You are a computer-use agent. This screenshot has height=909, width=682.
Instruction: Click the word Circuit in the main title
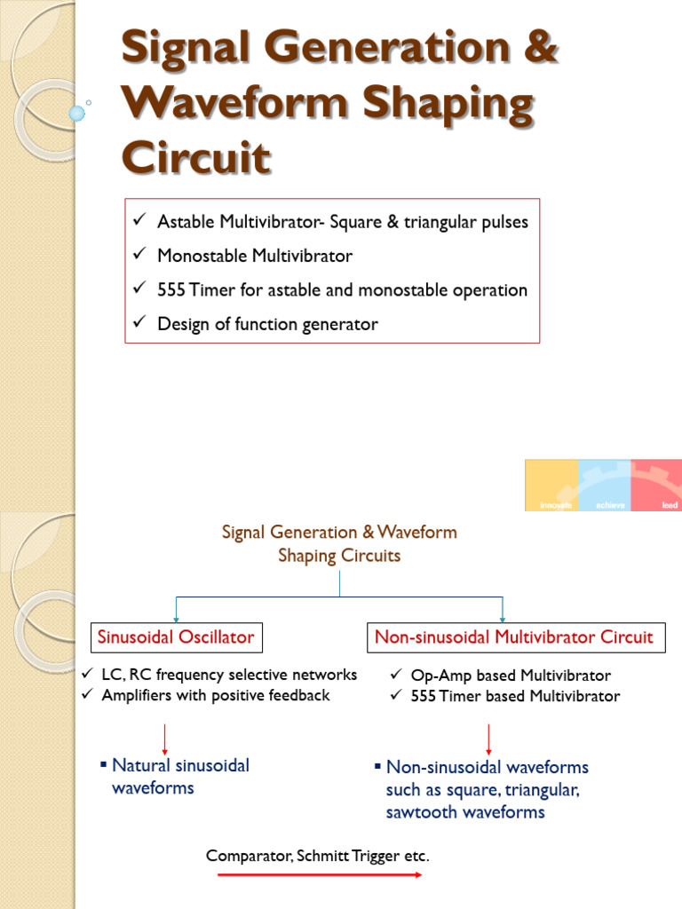click(x=195, y=157)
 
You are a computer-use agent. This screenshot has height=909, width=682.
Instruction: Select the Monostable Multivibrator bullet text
click(x=254, y=257)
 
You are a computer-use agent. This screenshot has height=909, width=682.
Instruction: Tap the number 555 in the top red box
click(x=171, y=290)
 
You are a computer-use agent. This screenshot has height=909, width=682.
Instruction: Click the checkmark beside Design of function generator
click(x=139, y=324)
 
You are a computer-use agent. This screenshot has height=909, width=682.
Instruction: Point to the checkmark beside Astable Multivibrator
click(x=139, y=221)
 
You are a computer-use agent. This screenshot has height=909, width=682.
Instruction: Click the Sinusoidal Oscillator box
click(x=176, y=636)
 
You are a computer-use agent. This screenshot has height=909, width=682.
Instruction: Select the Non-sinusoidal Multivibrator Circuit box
click(x=513, y=636)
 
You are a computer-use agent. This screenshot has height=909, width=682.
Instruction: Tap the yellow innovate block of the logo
click(x=551, y=485)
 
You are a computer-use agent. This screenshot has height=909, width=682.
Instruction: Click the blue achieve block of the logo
click(x=604, y=485)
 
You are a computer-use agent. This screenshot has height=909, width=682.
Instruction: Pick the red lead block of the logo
click(x=656, y=485)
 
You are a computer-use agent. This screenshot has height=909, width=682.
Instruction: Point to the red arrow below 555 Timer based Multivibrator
click(x=489, y=738)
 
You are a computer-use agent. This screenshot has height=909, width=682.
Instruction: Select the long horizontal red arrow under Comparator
click(x=321, y=875)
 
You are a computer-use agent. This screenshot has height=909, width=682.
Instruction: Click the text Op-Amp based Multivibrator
click(x=511, y=676)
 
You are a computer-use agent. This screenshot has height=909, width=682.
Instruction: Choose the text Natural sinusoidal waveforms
click(x=180, y=776)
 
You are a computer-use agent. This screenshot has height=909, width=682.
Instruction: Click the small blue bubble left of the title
click(x=77, y=113)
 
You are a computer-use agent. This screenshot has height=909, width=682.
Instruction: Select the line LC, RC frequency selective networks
click(x=229, y=675)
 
